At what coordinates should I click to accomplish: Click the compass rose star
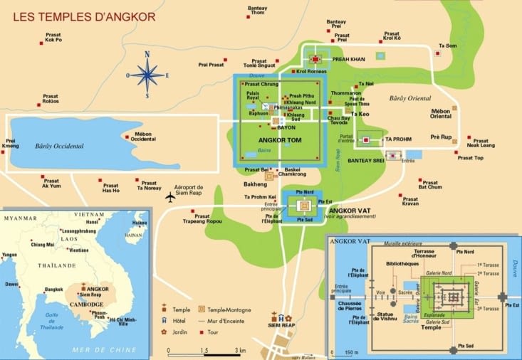tap(147, 75)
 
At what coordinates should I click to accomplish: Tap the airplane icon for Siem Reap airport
tap(169, 196)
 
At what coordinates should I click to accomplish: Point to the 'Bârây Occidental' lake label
tap(59, 147)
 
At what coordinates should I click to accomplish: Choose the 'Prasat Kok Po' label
tap(53, 38)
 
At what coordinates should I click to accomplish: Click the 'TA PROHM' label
tap(398, 139)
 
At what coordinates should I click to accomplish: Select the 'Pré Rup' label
tap(441, 136)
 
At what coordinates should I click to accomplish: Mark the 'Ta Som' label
tap(448, 46)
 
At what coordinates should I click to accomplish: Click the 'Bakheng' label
tap(255, 184)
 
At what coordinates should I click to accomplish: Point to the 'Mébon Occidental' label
tap(144, 136)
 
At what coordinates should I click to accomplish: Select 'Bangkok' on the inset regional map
tap(54, 290)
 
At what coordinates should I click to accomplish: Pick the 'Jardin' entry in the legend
tap(183, 332)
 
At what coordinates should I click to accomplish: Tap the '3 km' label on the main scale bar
tap(241, 351)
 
